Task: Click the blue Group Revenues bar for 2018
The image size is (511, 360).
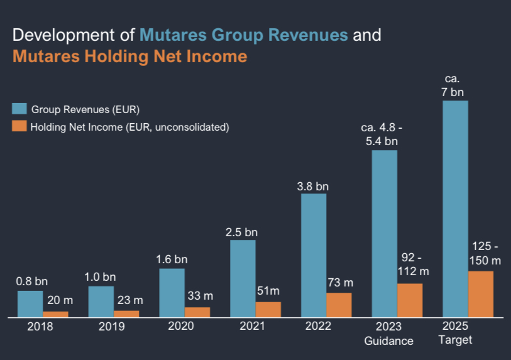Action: [x=30, y=304]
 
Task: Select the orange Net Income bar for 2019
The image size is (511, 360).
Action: [x=126, y=314]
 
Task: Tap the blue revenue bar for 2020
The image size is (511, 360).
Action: [x=172, y=293]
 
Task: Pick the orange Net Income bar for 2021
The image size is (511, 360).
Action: [x=268, y=310]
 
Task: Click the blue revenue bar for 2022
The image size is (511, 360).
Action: [x=314, y=255]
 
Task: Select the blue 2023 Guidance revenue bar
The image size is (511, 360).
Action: [x=385, y=234]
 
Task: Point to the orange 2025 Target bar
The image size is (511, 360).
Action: [x=481, y=294]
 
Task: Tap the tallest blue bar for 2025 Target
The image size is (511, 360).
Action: [x=456, y=209]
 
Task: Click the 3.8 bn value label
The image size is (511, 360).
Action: [x=313, y=186]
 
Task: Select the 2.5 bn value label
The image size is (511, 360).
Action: [x=242, y=232]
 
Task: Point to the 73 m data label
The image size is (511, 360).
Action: [x=341, y=283]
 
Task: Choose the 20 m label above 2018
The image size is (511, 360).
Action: [x=56, y=301]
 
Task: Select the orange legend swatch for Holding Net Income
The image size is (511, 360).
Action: [x=19, y=126]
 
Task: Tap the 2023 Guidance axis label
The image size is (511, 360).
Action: [x=389, y=334]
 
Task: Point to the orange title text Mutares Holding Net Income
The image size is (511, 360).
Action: [x=129, y=57]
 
